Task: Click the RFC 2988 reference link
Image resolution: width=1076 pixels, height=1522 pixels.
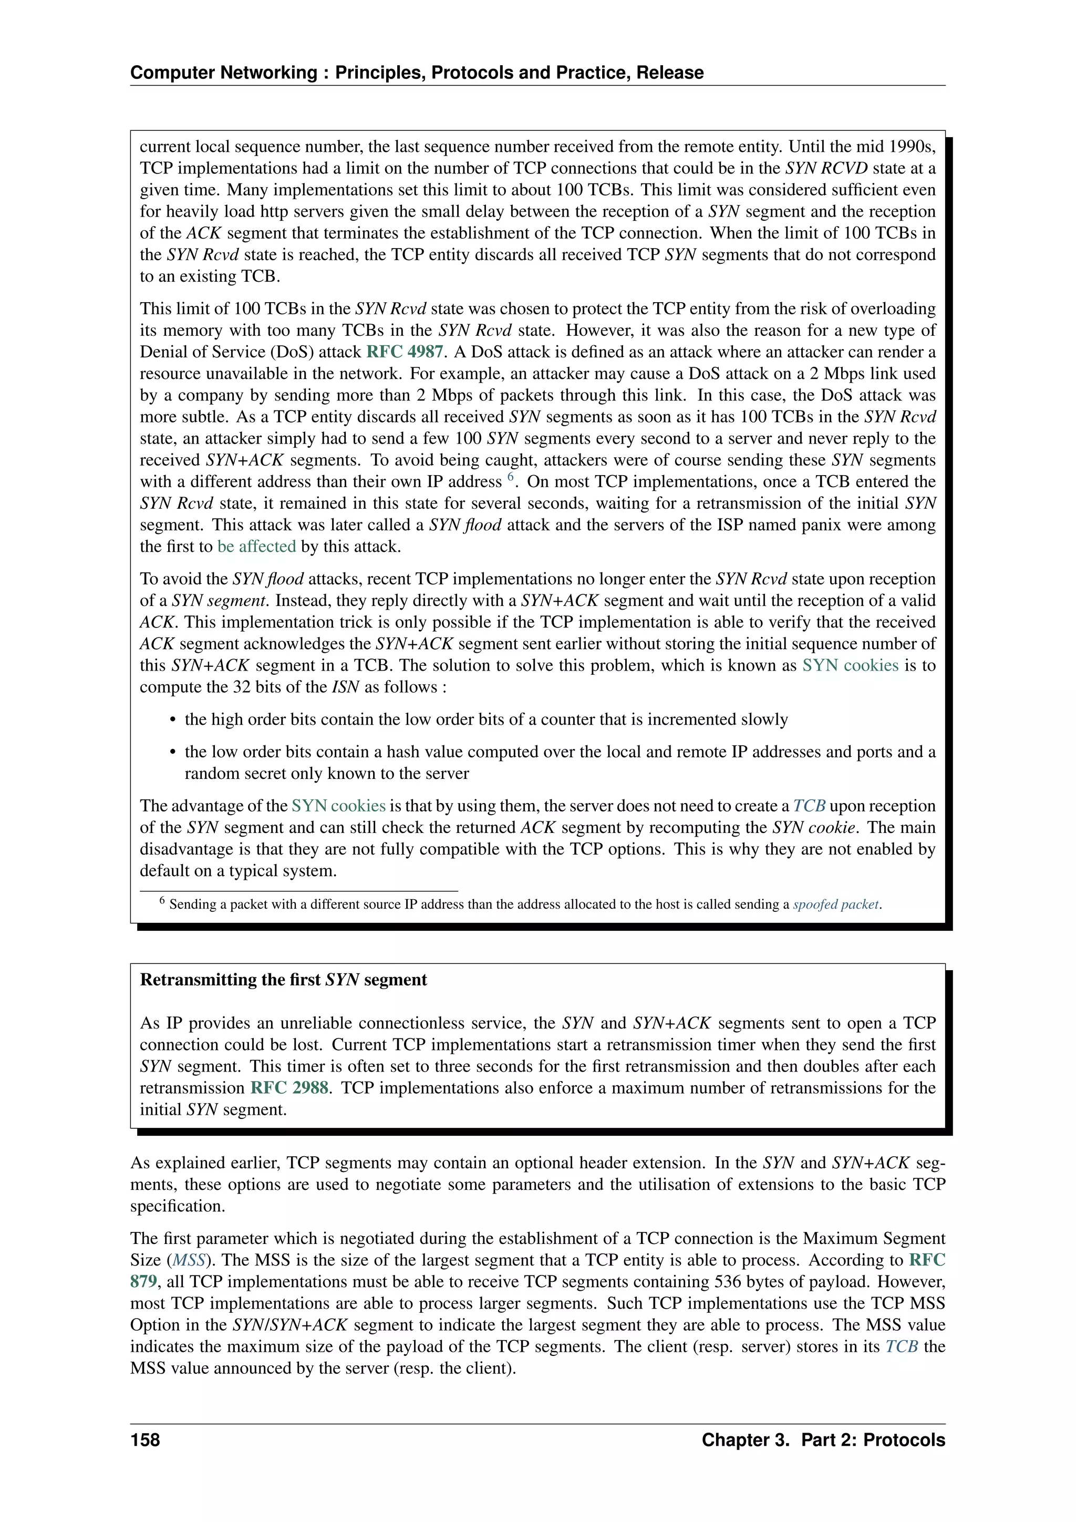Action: [289, 1088]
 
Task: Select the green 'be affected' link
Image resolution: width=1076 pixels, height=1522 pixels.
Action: [256, 547]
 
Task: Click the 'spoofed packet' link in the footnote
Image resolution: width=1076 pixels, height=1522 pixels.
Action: [836, 904]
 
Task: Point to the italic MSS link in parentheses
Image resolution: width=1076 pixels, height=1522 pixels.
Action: [189, 1260]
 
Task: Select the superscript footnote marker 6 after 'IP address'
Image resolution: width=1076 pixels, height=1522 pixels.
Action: [511, 477]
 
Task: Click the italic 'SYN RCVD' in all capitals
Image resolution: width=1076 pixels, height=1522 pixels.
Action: [826, 168]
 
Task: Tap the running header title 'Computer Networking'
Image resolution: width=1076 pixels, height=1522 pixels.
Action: [224, 73]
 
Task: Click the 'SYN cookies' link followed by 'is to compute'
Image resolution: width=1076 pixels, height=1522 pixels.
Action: [850, 665]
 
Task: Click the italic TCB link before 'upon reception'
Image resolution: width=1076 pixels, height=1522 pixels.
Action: [809, 806]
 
